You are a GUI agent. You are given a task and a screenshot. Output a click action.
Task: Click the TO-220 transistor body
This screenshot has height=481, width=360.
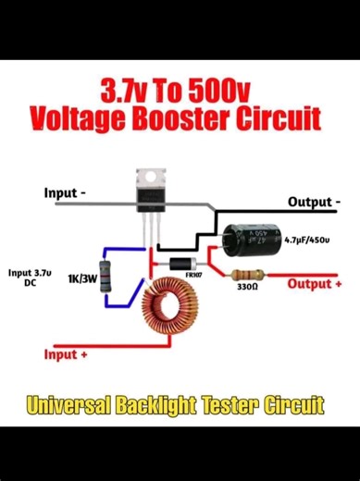click(x=149, y=197)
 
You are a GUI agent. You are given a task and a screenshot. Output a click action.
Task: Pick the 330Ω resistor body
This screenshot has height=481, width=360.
click(x=245, y=275)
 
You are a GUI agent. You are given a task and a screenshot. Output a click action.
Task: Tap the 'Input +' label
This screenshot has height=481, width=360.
click(x=66, y=354)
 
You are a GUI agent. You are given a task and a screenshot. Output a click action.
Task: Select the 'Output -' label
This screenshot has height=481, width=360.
click(x=314, y=202)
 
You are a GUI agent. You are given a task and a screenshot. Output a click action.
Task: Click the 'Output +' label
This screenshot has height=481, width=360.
click(x=315, y=284)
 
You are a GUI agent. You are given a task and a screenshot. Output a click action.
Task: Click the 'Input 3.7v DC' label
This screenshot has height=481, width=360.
click(x=30, y=277)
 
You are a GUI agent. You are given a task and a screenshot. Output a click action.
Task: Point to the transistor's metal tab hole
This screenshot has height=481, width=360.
click(x=148, y=176)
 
